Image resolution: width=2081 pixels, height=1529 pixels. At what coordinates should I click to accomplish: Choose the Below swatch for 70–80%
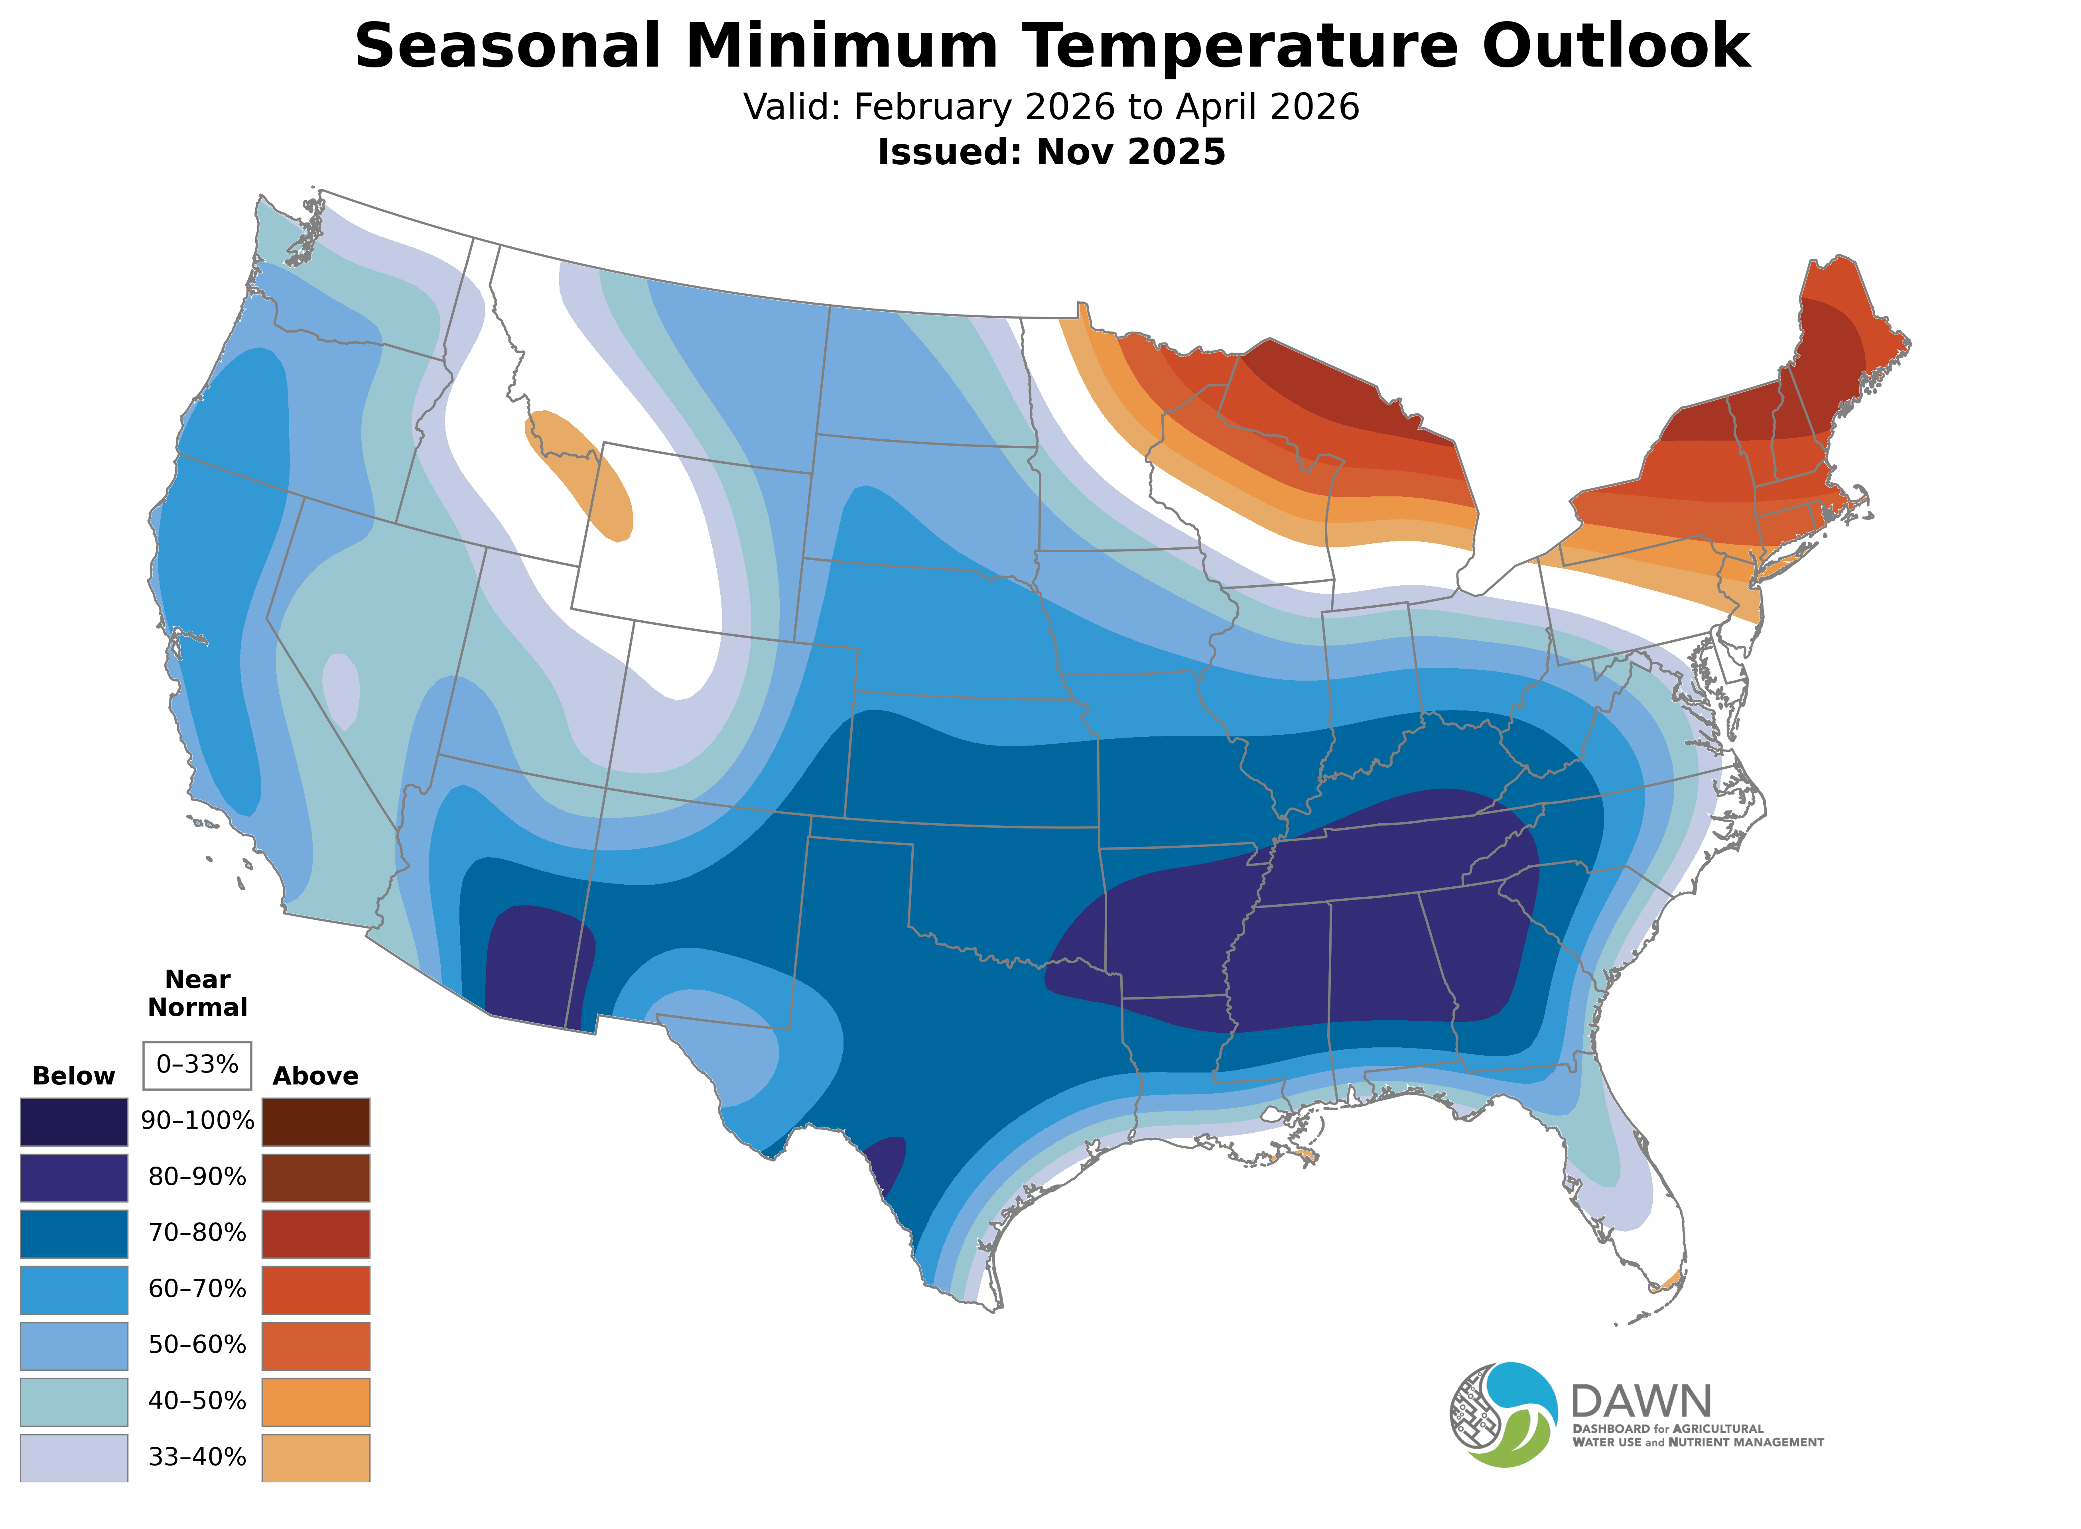click(74, 1233)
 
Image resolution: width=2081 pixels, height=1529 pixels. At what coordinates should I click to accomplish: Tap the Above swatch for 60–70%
click(316, 1289)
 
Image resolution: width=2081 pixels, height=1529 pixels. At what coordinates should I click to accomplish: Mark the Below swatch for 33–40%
click(74, 1457)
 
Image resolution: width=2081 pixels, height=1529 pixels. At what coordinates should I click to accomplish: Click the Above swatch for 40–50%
click(316, 1401)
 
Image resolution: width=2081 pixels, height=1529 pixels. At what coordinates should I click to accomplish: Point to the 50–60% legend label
click(197, 1345)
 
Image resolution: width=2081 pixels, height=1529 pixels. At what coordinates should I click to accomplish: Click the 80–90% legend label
click(197, 1177)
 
